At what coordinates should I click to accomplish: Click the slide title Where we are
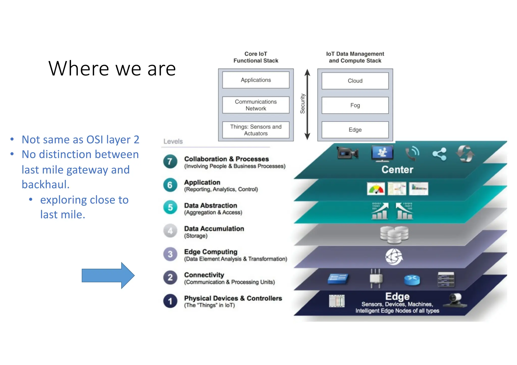pos(112,69)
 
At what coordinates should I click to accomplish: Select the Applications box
pos(256,80)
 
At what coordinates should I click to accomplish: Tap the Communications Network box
pos(256,105)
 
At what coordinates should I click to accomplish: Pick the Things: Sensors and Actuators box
pos(256,130)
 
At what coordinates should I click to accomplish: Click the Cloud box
pos(355,81)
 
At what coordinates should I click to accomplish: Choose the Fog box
pos(355,105)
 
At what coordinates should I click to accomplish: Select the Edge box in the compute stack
pos(355,130)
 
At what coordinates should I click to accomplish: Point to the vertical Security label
pos(302,104)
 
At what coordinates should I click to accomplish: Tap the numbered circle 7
pos(170,161)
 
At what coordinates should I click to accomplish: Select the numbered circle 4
pos(170,231)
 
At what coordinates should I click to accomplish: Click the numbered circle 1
pos(170,301)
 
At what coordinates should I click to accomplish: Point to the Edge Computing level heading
pos(211,252)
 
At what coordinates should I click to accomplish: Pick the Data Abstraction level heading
pos(211,205)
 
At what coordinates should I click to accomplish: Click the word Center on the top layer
pos(397,170)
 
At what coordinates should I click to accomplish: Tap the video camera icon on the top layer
pos(348,153)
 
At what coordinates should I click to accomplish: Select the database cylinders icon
pos(394,235)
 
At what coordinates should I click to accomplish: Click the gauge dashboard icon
pos(376,189)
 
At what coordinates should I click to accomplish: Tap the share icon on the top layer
pos(439,154)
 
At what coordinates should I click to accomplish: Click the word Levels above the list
pos(173,141)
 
